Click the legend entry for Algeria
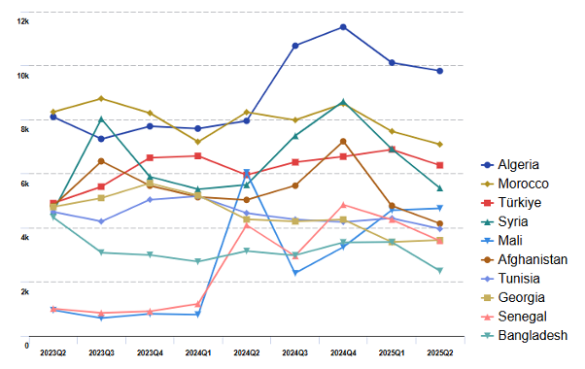point(520,165)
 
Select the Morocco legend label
point(524,184)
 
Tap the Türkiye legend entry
point(520,203)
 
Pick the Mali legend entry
point(511,241)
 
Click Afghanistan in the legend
point(532,259)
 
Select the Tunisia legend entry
point(519,279)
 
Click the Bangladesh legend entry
point(532,335)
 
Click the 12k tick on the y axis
point(22,20)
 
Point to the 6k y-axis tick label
point(22,183)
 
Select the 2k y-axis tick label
point(22,290)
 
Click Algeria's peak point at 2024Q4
point(343,27)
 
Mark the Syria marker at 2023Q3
point(101,119)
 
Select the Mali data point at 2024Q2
point(247,172)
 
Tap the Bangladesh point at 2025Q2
point(440,271)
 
